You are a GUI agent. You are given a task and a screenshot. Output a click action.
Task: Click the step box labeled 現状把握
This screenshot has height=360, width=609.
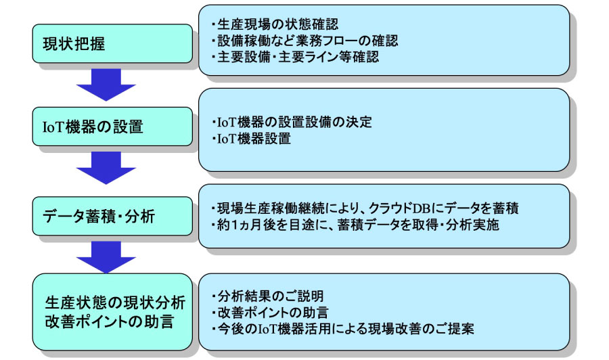pos(112,43)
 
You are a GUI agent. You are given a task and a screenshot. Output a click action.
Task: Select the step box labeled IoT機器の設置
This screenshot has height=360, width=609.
pos(112,127)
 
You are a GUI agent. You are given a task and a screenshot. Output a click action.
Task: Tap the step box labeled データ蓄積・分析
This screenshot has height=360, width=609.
pos(112,216)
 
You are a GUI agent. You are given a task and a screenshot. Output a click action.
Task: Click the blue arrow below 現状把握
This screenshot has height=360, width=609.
pos(106,85)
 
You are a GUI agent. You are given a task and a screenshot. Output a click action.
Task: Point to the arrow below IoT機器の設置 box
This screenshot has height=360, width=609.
pos(106,168)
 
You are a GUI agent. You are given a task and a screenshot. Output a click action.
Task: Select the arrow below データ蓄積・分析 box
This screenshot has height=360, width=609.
pos(106,257)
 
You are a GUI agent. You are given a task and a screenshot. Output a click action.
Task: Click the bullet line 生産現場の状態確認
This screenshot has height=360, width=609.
pos(275,24)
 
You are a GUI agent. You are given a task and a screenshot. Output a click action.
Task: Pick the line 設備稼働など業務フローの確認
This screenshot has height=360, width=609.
pos(305,41)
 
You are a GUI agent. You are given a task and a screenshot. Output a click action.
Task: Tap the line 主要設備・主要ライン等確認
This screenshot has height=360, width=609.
pos(295,57)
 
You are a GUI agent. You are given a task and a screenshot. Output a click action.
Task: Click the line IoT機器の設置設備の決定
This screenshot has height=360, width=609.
pos(292,122)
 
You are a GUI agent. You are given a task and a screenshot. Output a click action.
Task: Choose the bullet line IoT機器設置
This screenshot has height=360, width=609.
pos(251,138)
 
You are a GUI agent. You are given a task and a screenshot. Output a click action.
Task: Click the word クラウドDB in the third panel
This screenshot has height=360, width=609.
pos(399,208)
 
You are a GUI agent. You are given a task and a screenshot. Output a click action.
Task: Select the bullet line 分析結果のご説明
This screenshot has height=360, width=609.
pos(267,296)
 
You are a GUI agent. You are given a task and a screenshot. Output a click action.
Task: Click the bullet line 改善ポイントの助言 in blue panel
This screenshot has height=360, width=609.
pos(270,313)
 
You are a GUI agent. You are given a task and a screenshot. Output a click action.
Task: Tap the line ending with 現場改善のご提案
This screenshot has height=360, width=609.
pos(342,329)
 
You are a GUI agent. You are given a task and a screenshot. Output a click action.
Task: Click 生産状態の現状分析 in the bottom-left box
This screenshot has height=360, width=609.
pos(115,303)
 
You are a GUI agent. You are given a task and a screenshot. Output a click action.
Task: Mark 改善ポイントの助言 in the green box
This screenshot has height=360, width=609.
pos(109,322)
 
